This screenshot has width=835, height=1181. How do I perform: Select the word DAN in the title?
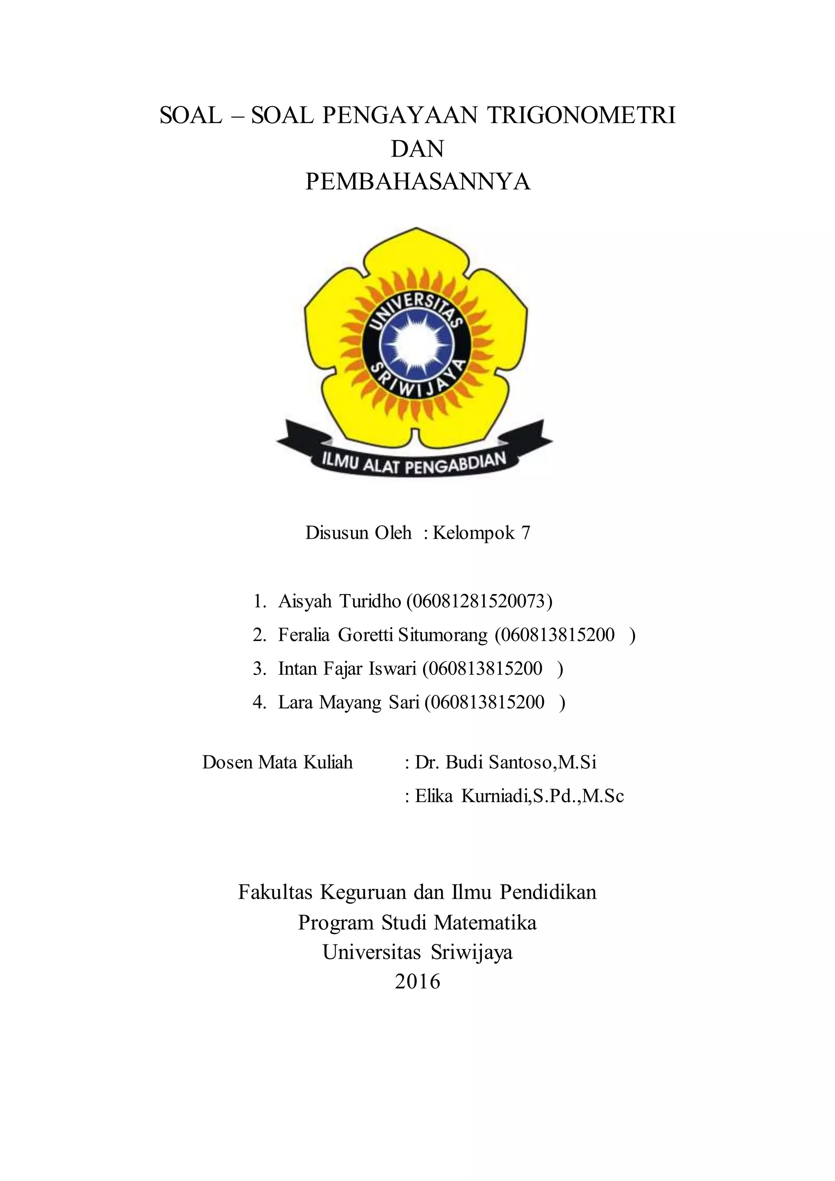[417, 149]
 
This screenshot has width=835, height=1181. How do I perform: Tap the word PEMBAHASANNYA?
[417, 181]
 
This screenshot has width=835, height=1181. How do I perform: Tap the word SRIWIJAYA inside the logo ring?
[417, 383]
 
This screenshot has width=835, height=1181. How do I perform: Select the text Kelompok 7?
[481, 533]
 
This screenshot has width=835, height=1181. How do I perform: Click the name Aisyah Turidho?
[339, 601]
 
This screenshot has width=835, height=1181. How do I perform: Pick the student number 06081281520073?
[479, 601]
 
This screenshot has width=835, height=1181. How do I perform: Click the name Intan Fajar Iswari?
[347, 669]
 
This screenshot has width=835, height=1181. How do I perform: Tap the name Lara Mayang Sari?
[349, 702]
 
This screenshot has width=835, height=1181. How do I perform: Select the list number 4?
[258, 702]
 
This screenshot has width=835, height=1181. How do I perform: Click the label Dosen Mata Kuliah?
[278, 762]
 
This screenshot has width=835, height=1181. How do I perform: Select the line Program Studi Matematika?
[417, 923]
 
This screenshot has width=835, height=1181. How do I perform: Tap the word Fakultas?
[275, 892]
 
